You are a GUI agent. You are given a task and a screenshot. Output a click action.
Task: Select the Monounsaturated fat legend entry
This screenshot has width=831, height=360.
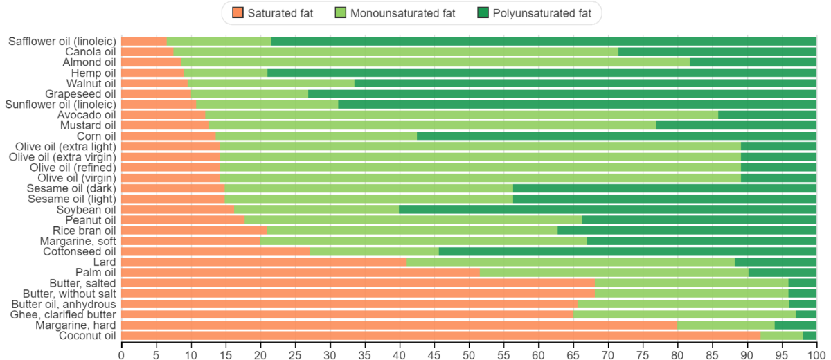(x=399, y=12)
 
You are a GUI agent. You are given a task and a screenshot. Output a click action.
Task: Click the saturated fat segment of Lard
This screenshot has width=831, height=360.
(x=264, y=262)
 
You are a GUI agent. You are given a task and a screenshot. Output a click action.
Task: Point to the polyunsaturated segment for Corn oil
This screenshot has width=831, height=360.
(x=616, y=136)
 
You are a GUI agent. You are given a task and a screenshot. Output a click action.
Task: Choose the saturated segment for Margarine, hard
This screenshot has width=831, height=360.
(x=400, y=325)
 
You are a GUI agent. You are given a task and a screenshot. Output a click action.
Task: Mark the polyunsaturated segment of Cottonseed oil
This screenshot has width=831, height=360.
(x=627, y=251)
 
